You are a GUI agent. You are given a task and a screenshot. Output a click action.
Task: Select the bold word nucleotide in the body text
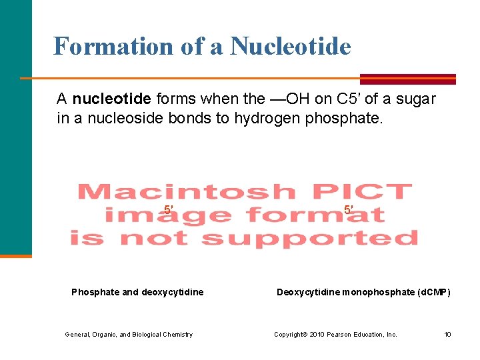click(x=111, y=99)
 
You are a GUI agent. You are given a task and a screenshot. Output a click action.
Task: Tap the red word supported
click(x=309, y=238)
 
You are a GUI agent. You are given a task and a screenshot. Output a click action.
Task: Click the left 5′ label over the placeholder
click(x=169, y=211)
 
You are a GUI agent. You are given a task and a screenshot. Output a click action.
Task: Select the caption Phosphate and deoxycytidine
click(x=137, y=292)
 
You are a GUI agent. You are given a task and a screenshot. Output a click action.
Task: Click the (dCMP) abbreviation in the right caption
click(x=433, y=292)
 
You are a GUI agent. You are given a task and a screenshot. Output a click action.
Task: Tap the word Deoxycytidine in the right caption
click(x=307, y=292)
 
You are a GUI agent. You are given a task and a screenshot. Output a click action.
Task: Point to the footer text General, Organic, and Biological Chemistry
click(x=129, y=335)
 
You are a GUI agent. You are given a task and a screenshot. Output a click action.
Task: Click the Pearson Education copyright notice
click(x=335, y=335)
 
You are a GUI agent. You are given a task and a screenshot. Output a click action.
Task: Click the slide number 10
click(x=448, y=335)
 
